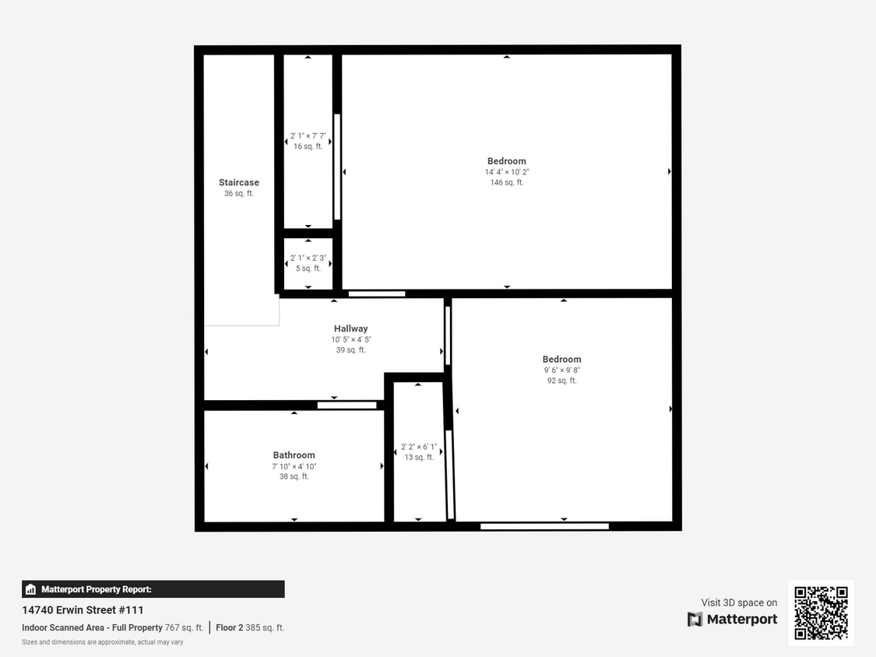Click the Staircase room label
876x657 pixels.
click(x=238, y=183)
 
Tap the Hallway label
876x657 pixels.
click(x=351, y=328)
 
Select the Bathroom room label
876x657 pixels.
click(x=294, y=455)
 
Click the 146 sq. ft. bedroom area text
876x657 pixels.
click(x=507, y=183)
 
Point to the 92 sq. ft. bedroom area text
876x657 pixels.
click(x=561, y=381)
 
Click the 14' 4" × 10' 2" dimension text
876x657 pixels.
click(x=507, y=172)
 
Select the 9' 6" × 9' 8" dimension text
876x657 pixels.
click(x=562, y=371)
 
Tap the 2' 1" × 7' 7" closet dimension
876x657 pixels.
click(x=308, y=135)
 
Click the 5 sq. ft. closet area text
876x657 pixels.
click(x=308, y=269)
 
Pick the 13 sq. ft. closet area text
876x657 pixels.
click(x=419, y=458)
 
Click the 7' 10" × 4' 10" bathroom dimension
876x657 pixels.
click(x=294, y=466)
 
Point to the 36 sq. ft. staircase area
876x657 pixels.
click(x=238, y=194)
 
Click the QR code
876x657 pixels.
click(x=821, y=613)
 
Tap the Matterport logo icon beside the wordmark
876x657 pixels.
click(x=695, y=619)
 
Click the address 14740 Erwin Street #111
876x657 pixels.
click(x=83, y=610)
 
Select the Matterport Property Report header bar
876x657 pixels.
click(x=153, y=588)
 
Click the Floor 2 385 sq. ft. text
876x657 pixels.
click(x=250, y=628)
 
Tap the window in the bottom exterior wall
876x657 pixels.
click(x=545, y=526)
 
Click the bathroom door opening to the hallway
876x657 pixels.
click(x=347, y=405)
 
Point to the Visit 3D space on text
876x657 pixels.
click(x=739, y=603)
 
